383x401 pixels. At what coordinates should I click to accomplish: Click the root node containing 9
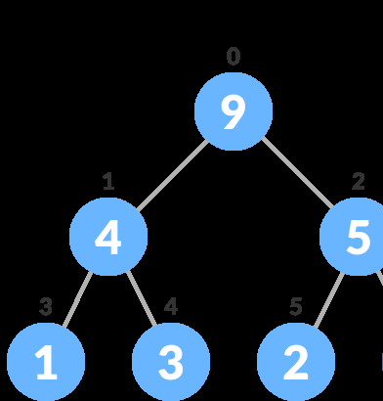point(233,111)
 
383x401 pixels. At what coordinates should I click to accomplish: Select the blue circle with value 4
point(108,237)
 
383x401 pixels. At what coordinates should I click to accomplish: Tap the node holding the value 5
point(357,237)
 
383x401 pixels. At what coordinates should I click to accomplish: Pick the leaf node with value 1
point(46,362)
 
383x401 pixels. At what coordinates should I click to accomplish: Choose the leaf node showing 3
point(171,362)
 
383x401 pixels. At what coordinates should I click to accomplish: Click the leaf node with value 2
point(295,362)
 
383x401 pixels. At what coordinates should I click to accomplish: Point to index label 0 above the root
point(233,57)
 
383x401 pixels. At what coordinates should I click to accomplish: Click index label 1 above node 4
point(108,181)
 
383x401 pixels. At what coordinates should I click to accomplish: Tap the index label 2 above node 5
point(359,181)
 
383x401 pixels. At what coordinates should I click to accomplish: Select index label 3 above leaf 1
point(46,306)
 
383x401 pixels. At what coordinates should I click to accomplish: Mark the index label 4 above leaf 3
point(171,306)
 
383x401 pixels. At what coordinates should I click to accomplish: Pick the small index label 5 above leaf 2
point(296,306)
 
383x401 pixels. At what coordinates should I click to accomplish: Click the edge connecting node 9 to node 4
point(171,174)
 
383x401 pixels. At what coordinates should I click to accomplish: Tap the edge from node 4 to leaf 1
point(77,299)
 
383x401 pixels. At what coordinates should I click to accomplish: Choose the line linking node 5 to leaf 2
point(326,299)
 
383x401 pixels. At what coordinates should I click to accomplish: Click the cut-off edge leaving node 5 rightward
point(379,284)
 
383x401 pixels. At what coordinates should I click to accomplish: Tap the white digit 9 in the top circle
point(233,112)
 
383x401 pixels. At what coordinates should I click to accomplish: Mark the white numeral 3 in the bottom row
point(171,363)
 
